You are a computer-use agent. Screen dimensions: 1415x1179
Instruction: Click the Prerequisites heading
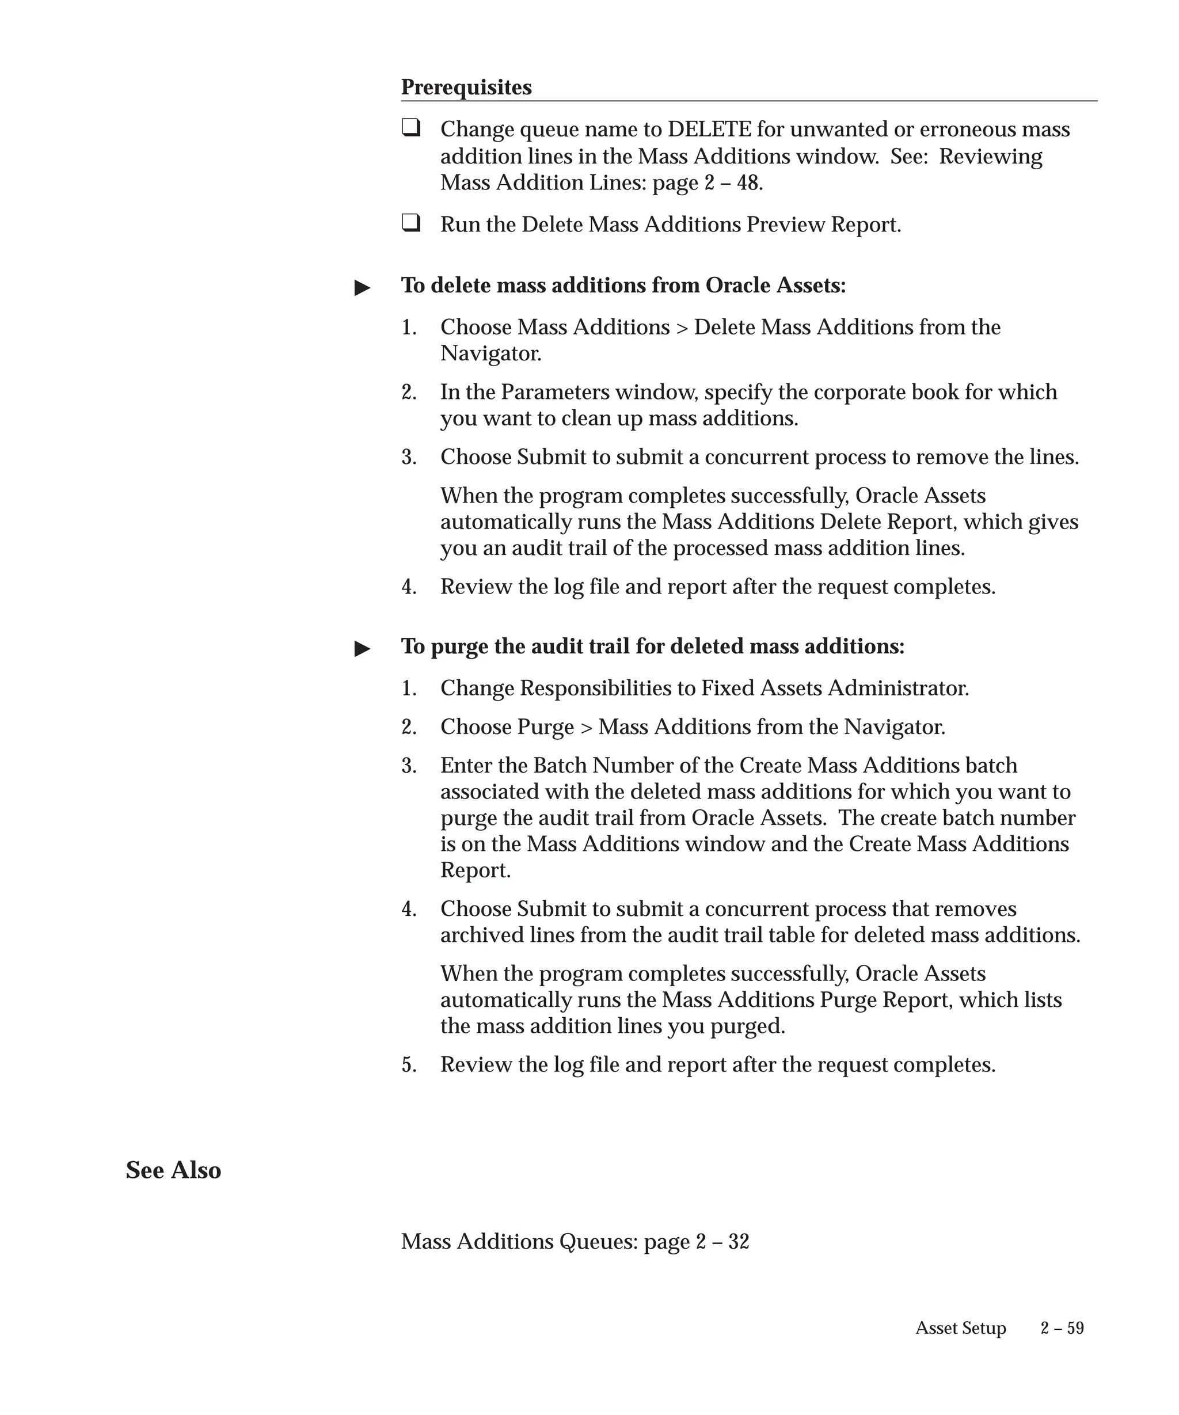tap(466, 88)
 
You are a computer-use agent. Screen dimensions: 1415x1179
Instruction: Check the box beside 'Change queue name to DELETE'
tap(410, 127)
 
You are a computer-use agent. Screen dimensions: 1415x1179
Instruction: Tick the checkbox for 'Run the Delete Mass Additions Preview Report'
tap(410, 222)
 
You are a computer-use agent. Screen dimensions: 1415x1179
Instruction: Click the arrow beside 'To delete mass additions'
tap(363, 288)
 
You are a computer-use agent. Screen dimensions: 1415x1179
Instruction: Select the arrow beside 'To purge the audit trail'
tap(363, 649)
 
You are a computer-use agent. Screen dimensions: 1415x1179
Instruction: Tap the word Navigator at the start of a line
tap(490, 353)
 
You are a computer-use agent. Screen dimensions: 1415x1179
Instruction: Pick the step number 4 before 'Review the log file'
tap(408, 587)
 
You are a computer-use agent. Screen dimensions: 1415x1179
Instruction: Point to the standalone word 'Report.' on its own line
tap(475, 870)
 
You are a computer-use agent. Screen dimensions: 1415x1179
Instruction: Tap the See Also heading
tap(173, 1170)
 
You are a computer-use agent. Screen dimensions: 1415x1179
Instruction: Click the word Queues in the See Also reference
tap(598, 1241)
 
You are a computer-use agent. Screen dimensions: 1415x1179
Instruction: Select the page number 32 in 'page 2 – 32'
tap(739, 1241)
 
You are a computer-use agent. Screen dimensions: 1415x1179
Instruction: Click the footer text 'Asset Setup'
tap(960, 1328)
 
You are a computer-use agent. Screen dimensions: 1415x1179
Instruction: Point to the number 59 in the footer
tap(1075, 1328)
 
